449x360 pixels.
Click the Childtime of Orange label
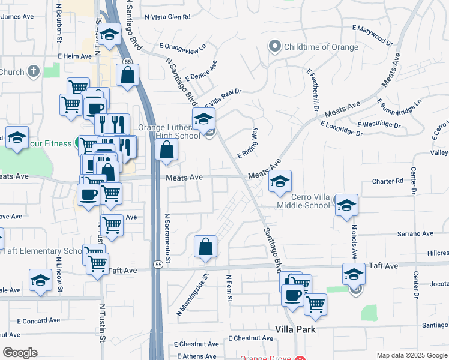(321, 47)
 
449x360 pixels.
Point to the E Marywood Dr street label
(372, 35)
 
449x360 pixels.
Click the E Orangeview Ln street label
(182, 46)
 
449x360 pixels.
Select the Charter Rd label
(387, 181)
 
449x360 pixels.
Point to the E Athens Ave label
(196, 356)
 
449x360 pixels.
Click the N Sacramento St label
(168, 238)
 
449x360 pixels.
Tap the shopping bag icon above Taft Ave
(205, 247)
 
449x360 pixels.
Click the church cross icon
(34, 72)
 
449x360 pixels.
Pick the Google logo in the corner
(20, 353)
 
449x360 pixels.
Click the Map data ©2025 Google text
(411, 355)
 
